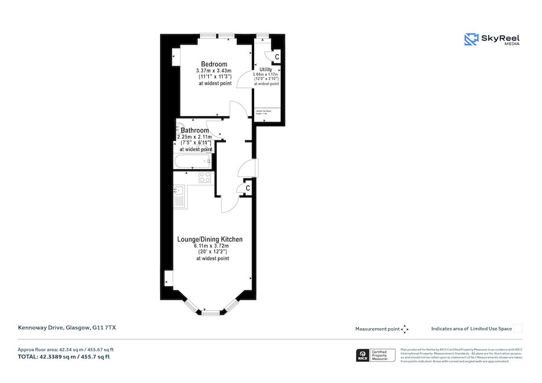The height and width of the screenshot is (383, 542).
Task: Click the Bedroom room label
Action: [214, 64]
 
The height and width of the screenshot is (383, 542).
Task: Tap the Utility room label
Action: [266, 70]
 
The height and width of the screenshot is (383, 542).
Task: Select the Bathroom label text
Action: [195, 130]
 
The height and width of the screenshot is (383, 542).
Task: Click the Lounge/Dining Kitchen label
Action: [210, 239]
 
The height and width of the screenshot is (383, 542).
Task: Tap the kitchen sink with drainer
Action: [180, 196]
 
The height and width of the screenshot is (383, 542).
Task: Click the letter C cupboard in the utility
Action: [276, 57]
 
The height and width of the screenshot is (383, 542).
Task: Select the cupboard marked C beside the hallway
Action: [248, 188]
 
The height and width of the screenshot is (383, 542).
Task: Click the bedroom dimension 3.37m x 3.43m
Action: [214, 71]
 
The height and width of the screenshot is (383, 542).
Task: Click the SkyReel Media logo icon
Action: [470, 40]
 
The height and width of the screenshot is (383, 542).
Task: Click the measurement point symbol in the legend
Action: [405, 329]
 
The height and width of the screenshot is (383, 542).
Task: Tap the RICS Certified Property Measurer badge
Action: [377, 355]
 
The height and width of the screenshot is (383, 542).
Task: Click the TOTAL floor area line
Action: [64, 357]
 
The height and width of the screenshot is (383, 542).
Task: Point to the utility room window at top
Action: [262, 36]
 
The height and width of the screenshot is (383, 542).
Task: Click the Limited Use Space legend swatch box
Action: [518, 328]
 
